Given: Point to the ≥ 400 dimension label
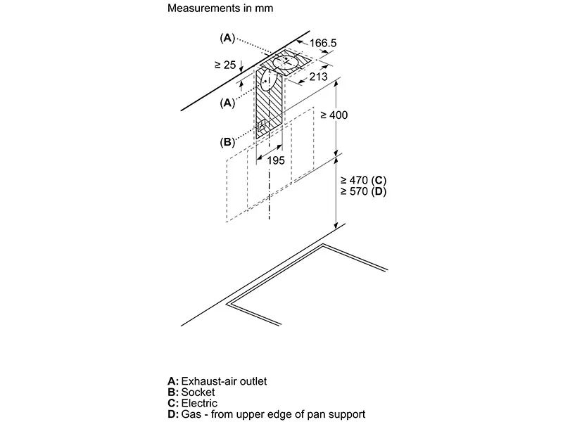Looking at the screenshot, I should click(x=334, y=114).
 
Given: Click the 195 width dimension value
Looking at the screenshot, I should click(x=276, y=160).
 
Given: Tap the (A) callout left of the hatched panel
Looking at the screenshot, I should click(x=227, y=103).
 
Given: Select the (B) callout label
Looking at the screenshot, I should click(x=227, y=141).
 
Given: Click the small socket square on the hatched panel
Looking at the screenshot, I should click(x=262, y=127).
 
